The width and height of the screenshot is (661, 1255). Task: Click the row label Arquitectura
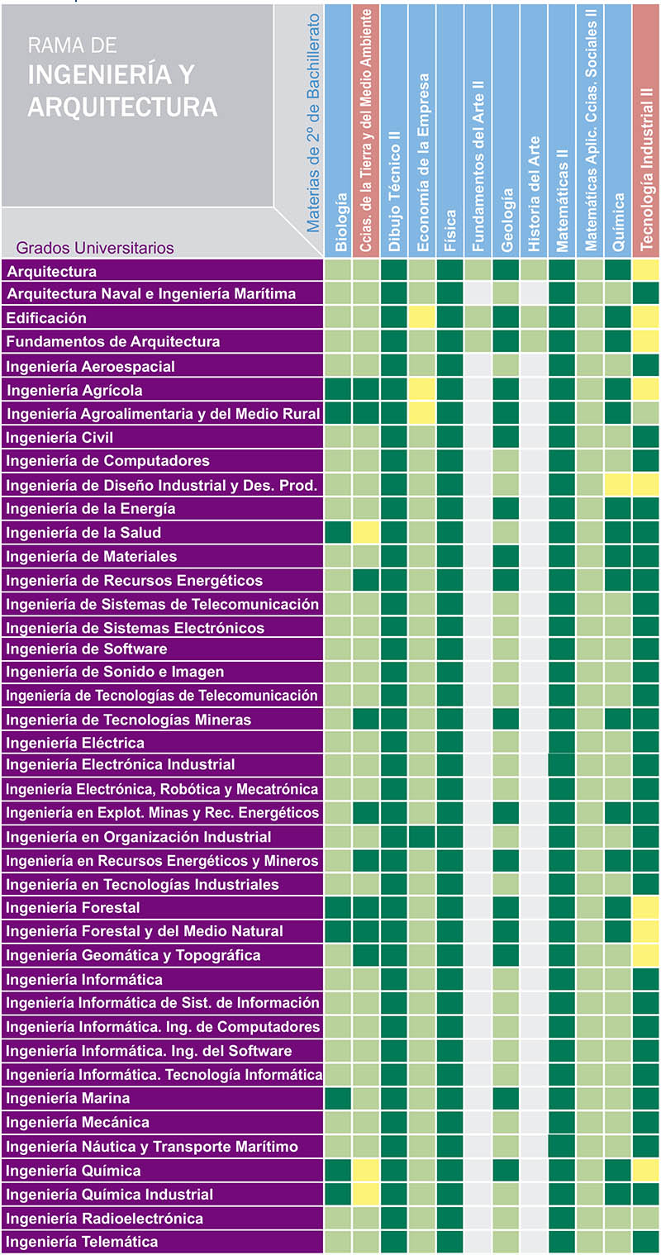tap(52, 271)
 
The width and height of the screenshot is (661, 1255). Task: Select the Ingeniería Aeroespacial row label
tap(91, 366)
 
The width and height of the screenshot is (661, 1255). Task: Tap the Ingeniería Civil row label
tap(59, 437)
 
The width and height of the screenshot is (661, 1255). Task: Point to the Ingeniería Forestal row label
tap(74, 908)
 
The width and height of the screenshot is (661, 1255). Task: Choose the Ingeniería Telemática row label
tap(82, 1241)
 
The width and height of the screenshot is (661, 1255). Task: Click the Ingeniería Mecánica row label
tap(78, 1122)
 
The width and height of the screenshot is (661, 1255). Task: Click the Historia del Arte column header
tap(534, 194)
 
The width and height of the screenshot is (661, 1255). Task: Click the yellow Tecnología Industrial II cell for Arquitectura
tap(646, 270)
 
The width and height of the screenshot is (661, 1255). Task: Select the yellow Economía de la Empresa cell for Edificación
tap(422, 318)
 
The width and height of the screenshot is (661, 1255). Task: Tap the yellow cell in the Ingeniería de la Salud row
tap(366, 532)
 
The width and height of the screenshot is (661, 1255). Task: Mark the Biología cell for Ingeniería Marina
tap(338, 1098)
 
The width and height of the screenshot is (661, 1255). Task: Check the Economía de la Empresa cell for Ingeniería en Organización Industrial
tap(422, 837)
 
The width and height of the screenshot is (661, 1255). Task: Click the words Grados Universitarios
tap(95, 247)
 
